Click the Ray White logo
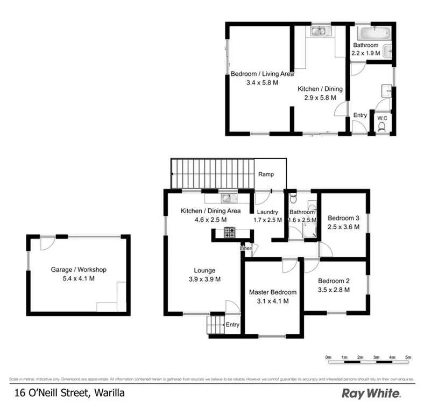click(370, 393)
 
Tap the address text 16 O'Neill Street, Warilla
click(70, 393)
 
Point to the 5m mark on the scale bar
click(408, 357)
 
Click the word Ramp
click(266, 174)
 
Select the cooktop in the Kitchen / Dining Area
click(230, 233)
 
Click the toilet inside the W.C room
click(382, 127)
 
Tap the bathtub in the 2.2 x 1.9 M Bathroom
click(371, 31)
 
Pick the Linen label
click(246, 248)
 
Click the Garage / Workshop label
click(79, 270)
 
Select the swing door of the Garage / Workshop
click(47, 243)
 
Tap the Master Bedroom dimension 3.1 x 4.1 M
click(272, 301)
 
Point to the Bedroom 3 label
click(343, 218)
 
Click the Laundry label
click(267, 212)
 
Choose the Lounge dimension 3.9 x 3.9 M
click(204, 279)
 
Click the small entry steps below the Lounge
click(215, 325)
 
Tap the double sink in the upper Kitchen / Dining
click(319, 31)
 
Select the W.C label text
click(383, 117)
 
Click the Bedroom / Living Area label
click(262, 74)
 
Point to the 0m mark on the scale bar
click(328, 357)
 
